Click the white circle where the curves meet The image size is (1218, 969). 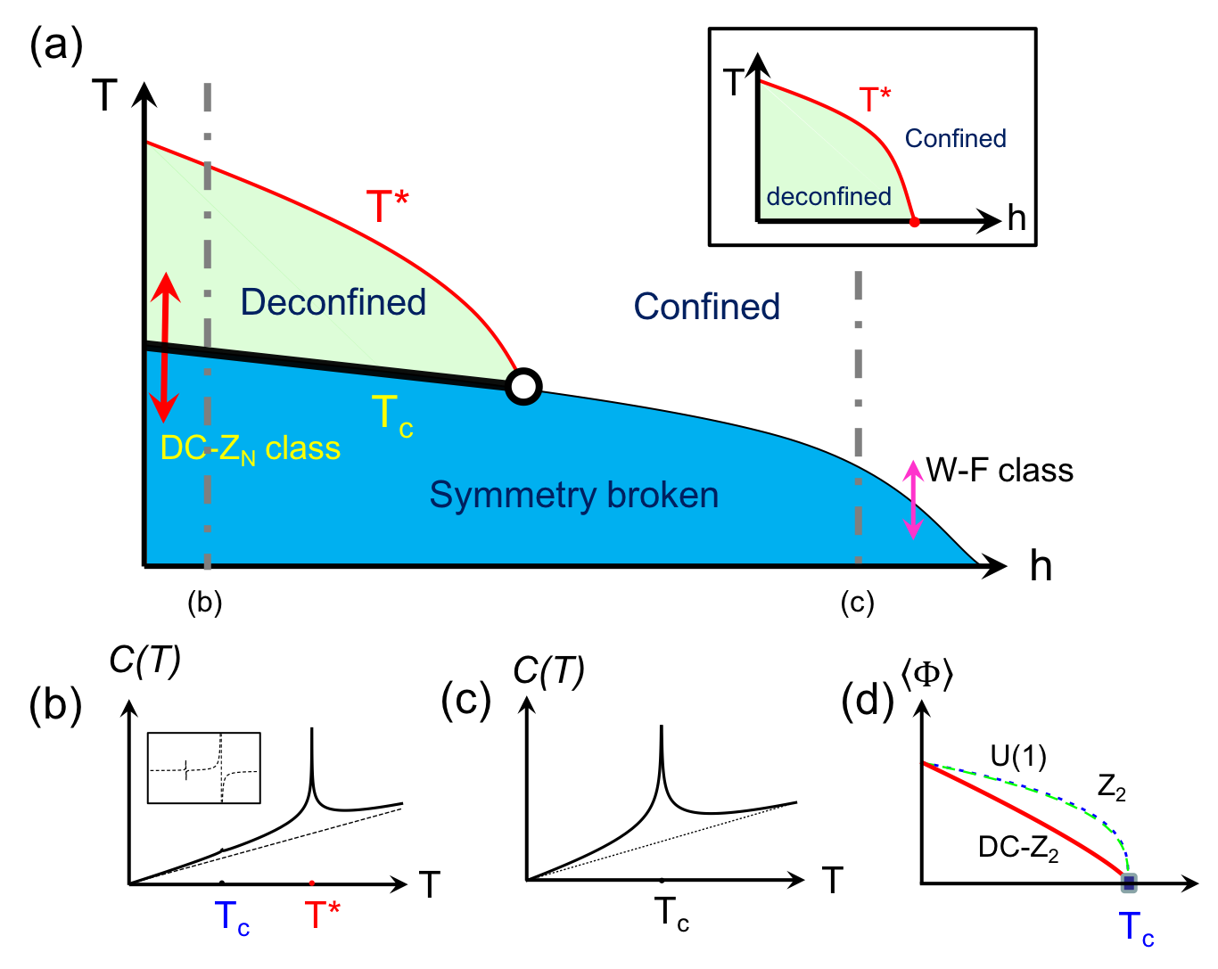click(x=523, y=387)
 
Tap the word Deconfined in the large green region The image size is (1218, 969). click(x=333, y=302)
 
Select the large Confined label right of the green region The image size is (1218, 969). click(x=706, y=307)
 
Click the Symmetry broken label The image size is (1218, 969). click(x=573, y=495)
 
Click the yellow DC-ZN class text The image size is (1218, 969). click(x=251, y=448)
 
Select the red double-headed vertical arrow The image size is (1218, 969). click(x=164, y=347)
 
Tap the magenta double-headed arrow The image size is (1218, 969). click(x=912, y=499)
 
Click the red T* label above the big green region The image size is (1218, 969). click(x=388, y=207)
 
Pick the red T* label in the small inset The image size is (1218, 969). click(x=874, y=101)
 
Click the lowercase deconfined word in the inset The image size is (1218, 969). click(x=828, y=196)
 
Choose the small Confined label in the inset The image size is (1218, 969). click(x=955, y=138)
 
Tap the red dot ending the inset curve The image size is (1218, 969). click(x=914, y=222)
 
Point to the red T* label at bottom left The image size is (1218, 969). click(x=322, y=915)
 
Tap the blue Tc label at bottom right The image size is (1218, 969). click(x=1135, y=928)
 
